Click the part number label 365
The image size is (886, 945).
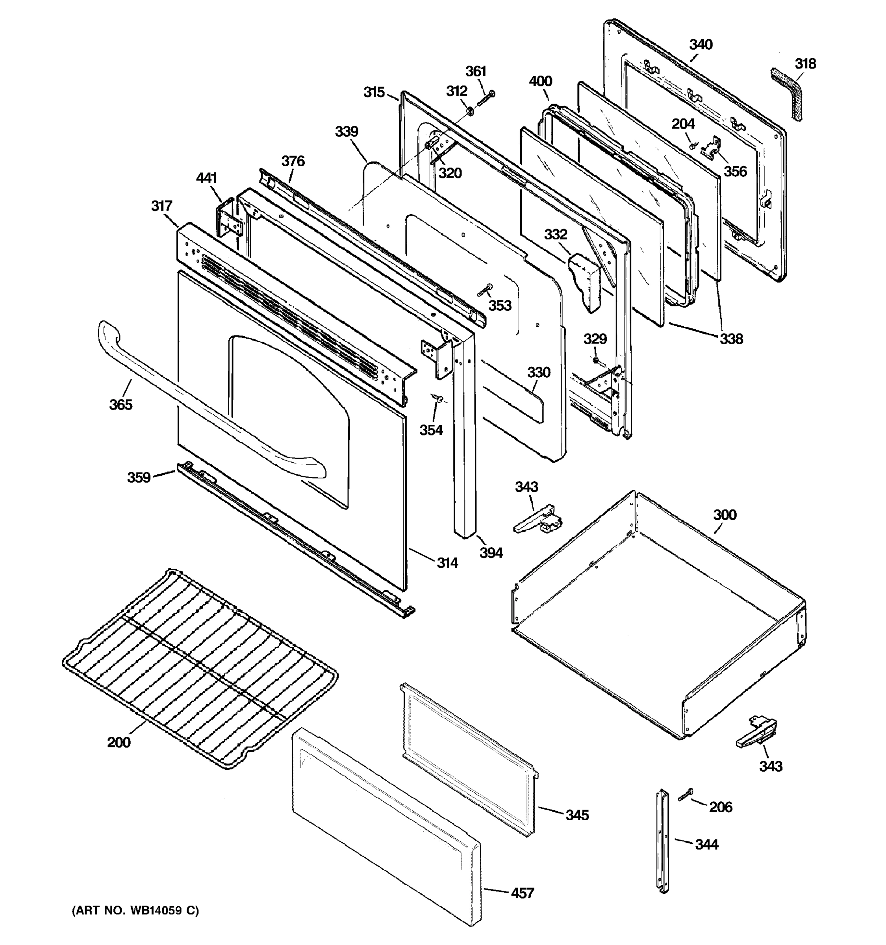click(x=121, y=404)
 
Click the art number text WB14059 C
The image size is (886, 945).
click(x=135, y=910)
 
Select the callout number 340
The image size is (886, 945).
click(x=701, y=44)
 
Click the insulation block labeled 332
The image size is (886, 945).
click(x=585, y=280)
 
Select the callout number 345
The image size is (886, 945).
click(x=577, y=815)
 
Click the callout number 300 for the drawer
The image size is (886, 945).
click(x=725, y=515)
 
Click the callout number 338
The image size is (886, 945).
click(x=730, y=339)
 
